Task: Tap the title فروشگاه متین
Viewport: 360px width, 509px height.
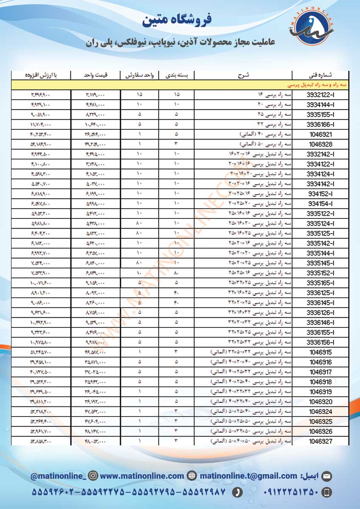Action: [x=178, y=20]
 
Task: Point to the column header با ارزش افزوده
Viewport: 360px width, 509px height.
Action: [x=41, y=75]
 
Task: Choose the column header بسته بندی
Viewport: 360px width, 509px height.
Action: [x=176, y=75]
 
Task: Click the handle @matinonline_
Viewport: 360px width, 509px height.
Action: [x=58, y=476]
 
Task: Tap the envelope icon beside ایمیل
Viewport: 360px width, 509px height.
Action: [x=326, y=476]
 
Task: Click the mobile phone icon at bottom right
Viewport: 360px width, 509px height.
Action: [x=326, y=492]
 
